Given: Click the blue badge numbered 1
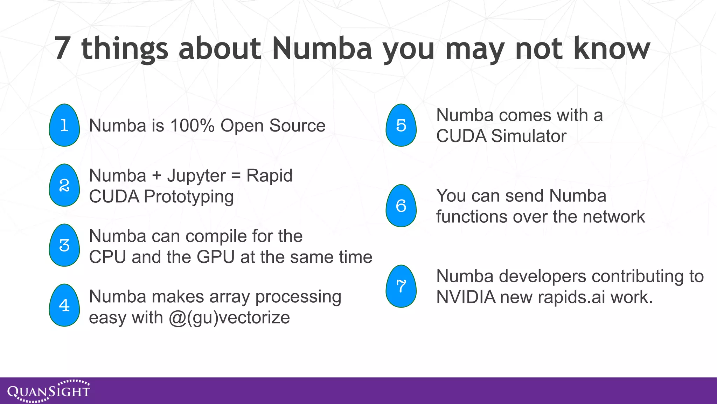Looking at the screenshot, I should [64, 125].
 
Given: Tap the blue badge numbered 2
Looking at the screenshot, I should [64, 185].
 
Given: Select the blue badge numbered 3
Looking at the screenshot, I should [64, 245].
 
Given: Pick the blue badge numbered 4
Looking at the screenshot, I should [64, 305].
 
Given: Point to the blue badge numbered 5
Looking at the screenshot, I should [401, 125].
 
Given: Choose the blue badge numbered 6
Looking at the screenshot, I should [401, 206].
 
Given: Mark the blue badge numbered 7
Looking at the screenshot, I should [401, 286].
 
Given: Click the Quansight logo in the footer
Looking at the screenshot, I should [49, 391].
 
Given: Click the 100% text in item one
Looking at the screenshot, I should [192, 126].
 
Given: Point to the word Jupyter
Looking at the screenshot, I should [196, 176].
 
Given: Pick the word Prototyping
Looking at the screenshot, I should [189, 197].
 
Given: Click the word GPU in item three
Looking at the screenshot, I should [215, 257].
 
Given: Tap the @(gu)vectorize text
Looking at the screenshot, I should [229, 318].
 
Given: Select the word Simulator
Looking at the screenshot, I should [529, 136].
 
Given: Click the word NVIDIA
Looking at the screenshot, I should [466, 297].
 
